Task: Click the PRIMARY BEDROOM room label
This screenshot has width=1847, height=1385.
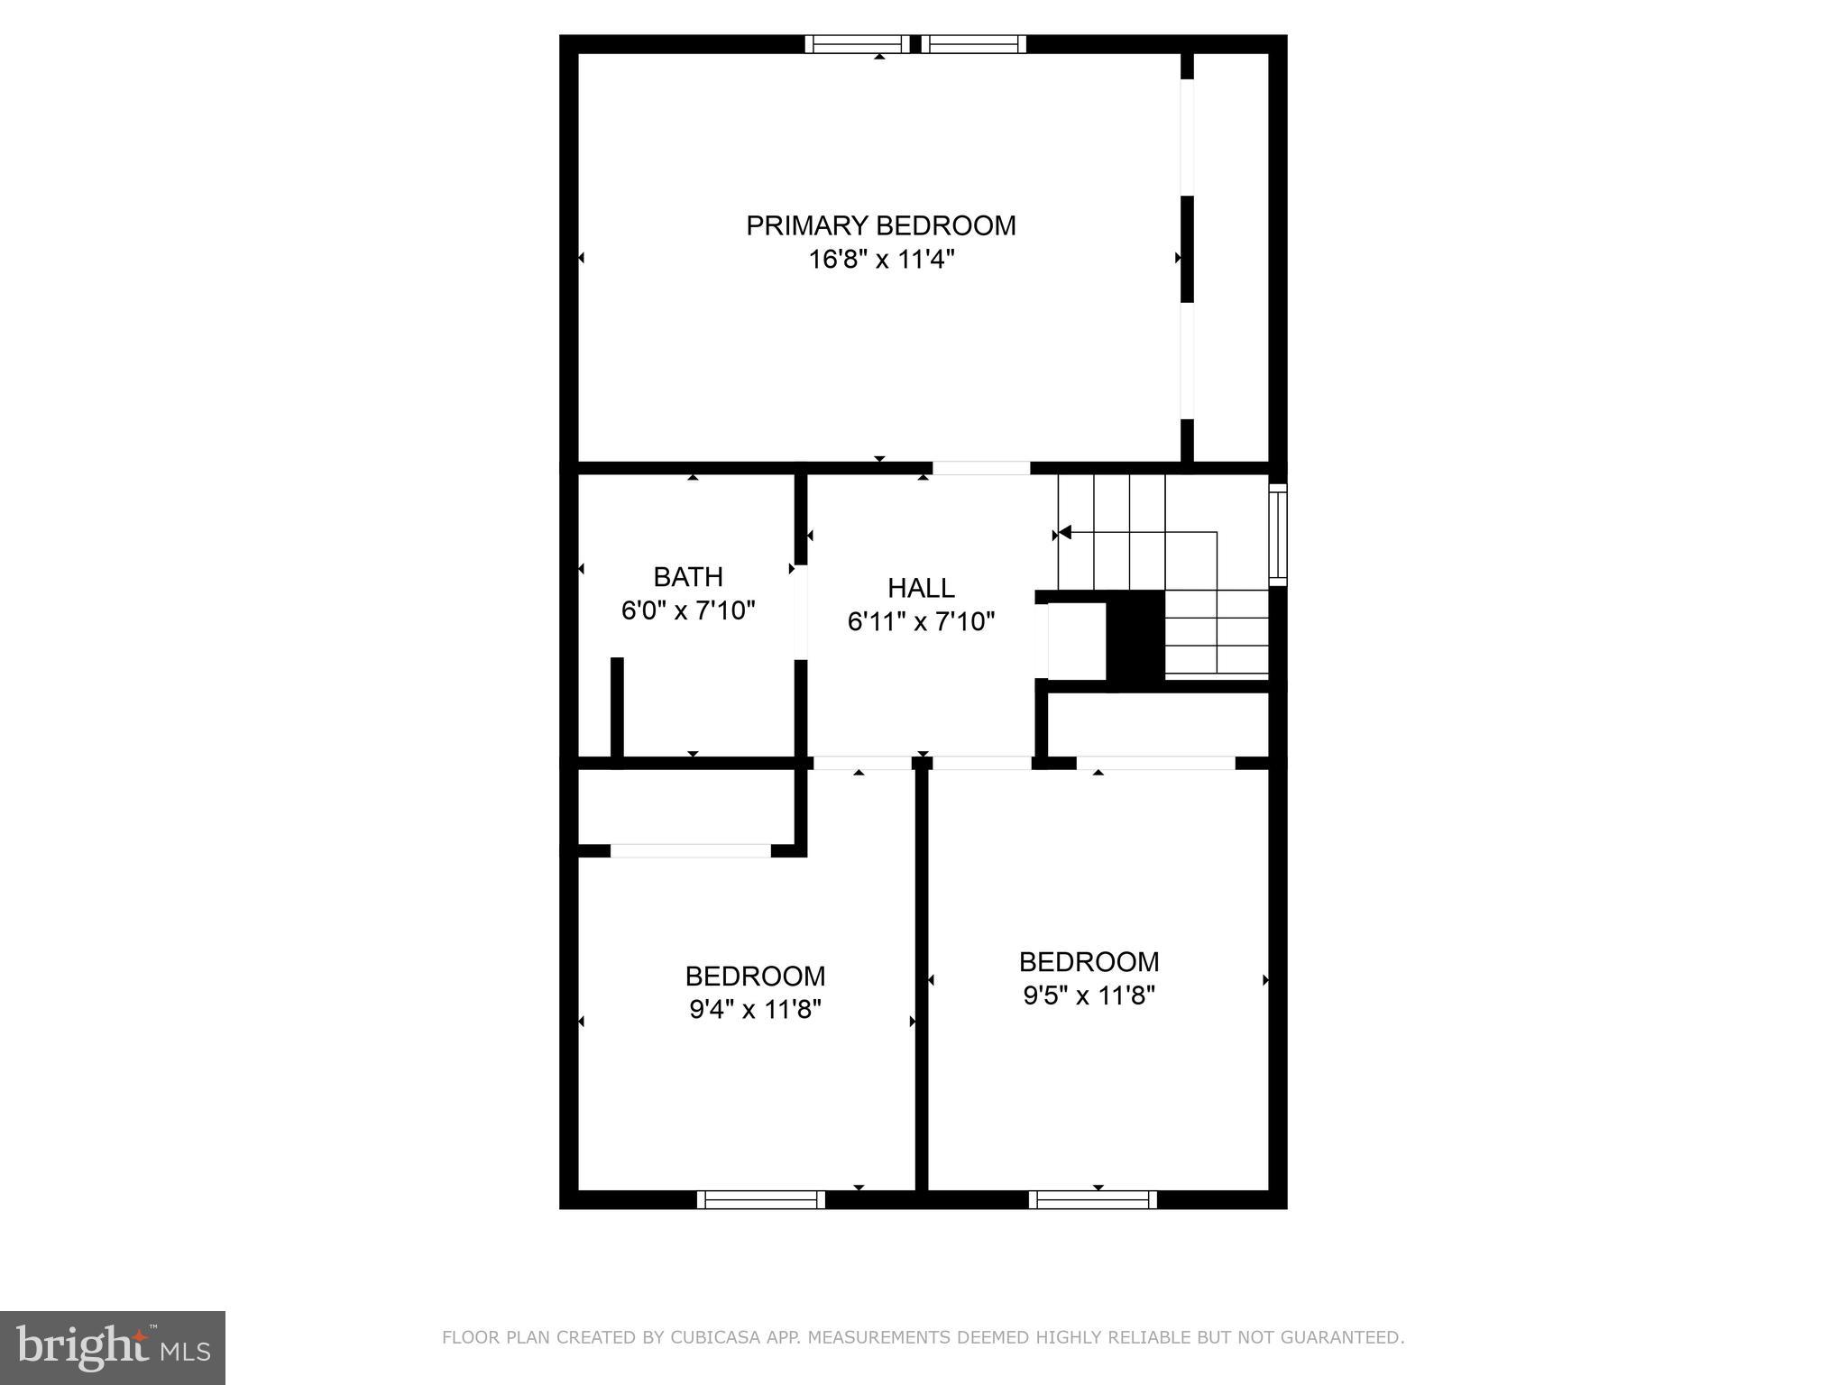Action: click(880, 225)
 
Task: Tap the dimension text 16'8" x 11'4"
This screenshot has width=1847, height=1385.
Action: click(880, 260)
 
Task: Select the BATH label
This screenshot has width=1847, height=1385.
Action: click(688, 577)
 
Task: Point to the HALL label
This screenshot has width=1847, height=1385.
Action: click(921, 588)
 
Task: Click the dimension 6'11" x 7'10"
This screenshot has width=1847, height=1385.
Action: click(921, 622)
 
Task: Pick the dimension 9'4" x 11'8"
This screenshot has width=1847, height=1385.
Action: click(755, 1010)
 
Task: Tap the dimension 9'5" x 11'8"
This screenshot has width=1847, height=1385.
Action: click(1089, 995)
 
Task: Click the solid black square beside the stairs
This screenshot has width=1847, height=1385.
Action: click(1135, 636)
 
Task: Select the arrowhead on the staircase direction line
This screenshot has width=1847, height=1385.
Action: click(1064, 533)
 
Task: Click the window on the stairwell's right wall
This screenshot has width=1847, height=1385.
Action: click(1277, 536)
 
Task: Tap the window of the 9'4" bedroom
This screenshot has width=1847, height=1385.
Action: click(760, 1199)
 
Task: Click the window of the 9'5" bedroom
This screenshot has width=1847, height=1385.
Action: click(1092, 1199)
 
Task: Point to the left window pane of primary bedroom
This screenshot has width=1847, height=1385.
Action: click(857, 44)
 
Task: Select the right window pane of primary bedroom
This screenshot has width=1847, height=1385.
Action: click(974, 44)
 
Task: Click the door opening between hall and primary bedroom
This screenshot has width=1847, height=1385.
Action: click(980, 468)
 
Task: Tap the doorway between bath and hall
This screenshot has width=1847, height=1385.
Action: click(800, 612)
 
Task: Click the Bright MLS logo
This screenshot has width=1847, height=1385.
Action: click(112, 1347)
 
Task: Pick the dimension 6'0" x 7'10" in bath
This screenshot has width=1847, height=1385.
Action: click(688, 611)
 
